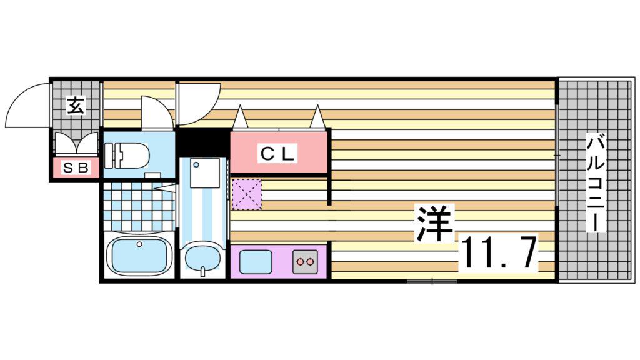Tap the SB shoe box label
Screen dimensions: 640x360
click(x=76, y=167)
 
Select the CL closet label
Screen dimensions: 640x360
click(x=277, y=154)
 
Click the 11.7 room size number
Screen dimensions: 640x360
click(x=499, y=253)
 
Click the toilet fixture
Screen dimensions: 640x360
click(x=126, y=156)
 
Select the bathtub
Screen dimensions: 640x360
click(x=138, y=256)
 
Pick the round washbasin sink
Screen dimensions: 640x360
click(x=202, y=258)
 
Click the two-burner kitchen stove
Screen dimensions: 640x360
click(x=305, y=261)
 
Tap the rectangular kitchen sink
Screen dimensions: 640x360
click(x=256, y=262)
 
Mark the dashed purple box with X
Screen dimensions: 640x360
click(x=247, y=194)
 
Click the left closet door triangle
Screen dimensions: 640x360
click(x=240, y=118)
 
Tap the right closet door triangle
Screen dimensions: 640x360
click(x=318, y=117)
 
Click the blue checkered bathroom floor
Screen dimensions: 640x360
click(x=138, y=206)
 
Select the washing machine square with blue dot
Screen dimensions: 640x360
click(x=205, y=173)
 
